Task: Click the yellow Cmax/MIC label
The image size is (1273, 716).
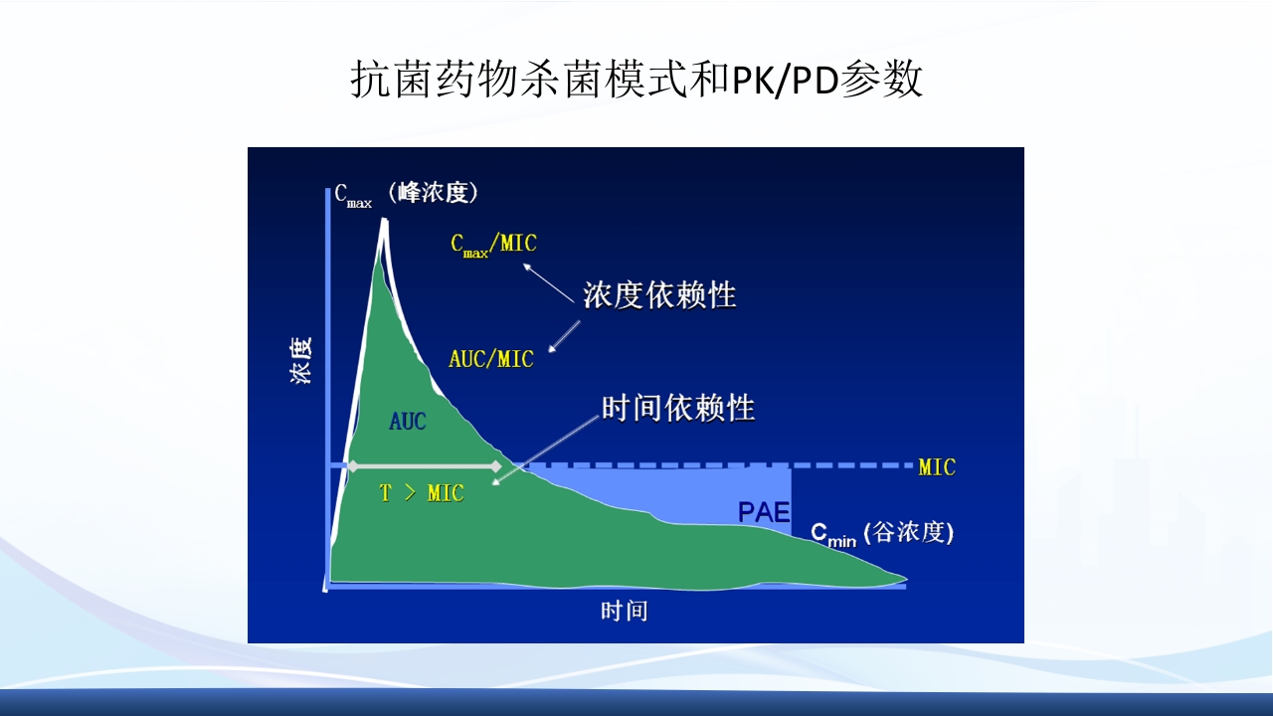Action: [493, 244]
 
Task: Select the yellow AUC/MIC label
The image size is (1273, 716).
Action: [491, 359]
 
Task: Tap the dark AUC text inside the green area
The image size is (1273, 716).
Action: [407, 422]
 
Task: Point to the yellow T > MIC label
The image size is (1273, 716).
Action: [422, 493]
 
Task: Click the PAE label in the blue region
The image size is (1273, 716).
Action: [763, 512]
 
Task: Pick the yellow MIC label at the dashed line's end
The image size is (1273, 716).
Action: [936, 467]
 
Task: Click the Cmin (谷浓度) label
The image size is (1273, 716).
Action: [882, 534]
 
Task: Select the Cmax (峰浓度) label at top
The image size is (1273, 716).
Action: [406, 194]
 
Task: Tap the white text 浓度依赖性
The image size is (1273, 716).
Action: [659, 295]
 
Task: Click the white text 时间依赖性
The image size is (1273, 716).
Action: [678, 408]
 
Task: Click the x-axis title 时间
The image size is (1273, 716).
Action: [624, 611]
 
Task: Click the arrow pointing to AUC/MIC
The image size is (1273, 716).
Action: [564, 335]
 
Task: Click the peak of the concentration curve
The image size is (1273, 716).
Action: [383, 221]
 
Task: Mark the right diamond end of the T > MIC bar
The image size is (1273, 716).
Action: [495, 465]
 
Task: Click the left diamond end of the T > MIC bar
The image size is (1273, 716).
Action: [352, 465]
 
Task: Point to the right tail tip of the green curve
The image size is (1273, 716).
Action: [905, 577]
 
